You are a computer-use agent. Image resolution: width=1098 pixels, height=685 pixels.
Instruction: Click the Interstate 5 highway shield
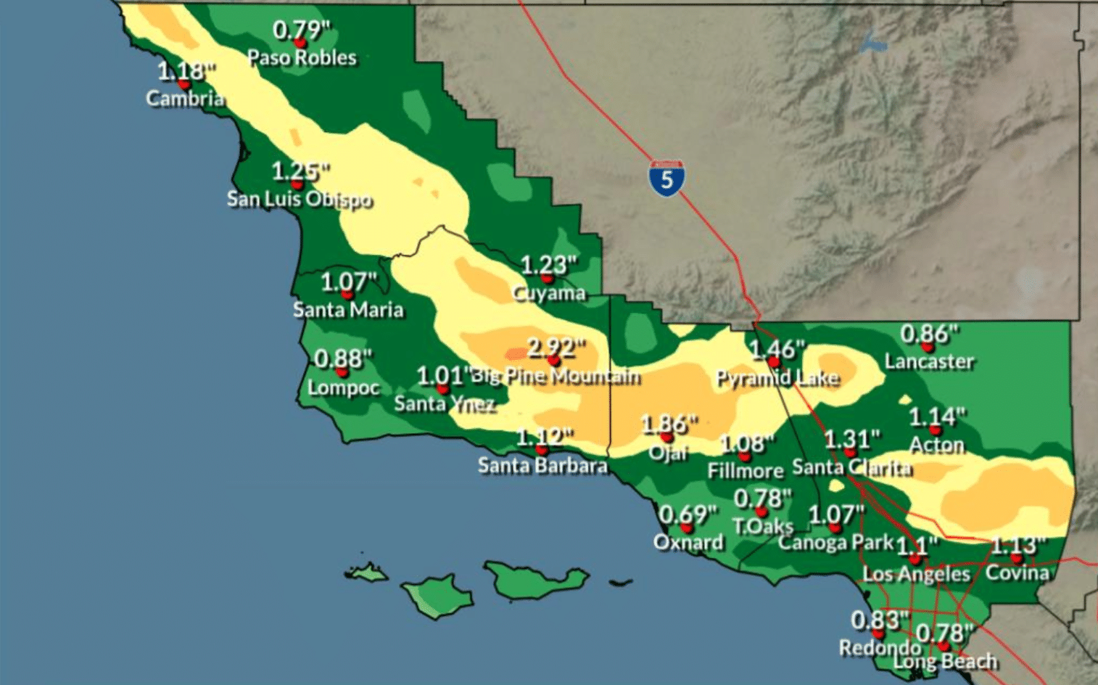pos(666,178)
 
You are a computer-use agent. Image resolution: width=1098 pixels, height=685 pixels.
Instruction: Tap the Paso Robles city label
pos(302,58)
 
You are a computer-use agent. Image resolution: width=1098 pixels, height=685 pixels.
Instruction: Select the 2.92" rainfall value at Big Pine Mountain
pos(556,348)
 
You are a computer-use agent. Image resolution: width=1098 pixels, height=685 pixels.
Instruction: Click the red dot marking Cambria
pos(184,84)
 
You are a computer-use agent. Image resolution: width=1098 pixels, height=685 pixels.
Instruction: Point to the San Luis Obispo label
pos(300,199)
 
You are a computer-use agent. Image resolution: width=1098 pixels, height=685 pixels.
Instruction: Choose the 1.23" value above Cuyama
pos(549,266)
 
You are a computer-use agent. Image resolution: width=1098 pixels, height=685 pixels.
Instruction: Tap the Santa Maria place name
pos(348,310)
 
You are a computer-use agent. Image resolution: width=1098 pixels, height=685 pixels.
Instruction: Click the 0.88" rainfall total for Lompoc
pos(343,359)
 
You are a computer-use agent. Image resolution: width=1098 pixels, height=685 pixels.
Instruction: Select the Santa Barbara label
pos(542,465)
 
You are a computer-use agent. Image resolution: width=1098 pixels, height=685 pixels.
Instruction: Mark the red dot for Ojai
pos(667,437)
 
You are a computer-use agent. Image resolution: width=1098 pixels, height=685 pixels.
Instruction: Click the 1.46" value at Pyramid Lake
pos(777,350)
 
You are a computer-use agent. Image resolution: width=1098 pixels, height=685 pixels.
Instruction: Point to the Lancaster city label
pos(929,361)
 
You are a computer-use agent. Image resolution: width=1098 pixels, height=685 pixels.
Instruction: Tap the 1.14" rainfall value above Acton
pos(937,417)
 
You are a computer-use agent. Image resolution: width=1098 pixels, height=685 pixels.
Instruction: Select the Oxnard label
pos(688,543)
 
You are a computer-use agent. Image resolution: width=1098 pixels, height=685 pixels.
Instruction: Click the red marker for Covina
pos(1017,559)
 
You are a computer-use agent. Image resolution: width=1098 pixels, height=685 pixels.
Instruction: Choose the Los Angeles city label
pos(916,575)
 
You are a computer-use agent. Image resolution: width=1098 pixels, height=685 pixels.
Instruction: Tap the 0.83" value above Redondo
pos(880,620)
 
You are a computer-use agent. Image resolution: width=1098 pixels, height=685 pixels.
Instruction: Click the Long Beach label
pos(945,662)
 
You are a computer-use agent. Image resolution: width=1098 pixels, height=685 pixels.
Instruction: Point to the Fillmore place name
pos(746,471)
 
